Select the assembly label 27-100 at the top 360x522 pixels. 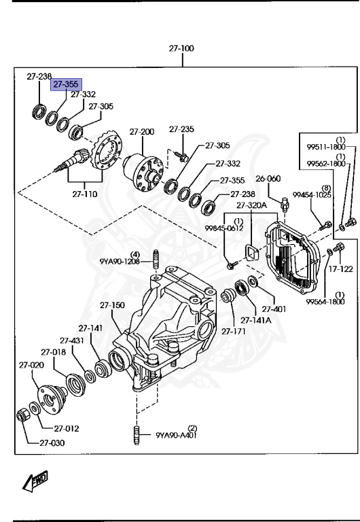coord(181,49)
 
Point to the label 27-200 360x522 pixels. coord(143,131)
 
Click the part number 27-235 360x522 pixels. coord(181,128)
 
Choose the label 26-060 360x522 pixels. coord(268,179)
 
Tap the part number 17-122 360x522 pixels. coord(342,268)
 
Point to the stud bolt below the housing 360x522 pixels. coord(137,434)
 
